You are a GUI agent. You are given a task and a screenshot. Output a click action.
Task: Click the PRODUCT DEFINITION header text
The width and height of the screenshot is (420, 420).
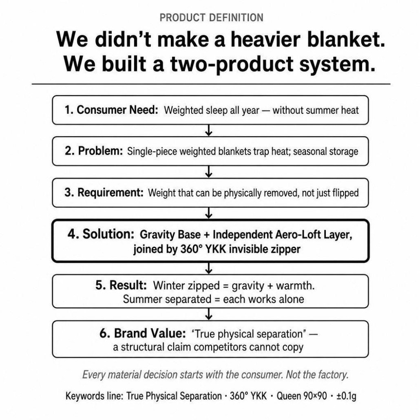pos(211,18)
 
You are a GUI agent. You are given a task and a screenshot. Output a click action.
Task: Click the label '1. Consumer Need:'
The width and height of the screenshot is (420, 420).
pos(111,110)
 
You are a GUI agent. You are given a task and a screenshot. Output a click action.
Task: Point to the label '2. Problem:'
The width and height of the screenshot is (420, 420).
pos(94,151)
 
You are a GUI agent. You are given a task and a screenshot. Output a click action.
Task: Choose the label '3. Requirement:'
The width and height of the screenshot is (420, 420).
pos(104,192)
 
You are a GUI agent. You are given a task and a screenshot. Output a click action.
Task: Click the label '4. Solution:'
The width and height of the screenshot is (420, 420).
pos(101,234)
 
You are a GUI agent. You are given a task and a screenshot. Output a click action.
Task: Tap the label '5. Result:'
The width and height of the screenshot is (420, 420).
pos(121,285)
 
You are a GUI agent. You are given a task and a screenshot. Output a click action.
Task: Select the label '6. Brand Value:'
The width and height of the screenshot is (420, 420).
pos(142,334)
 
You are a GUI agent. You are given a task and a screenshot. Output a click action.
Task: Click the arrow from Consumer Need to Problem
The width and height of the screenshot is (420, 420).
pos(209,130)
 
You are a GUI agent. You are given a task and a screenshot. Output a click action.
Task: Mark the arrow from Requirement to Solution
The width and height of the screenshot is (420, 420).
pos(209,213)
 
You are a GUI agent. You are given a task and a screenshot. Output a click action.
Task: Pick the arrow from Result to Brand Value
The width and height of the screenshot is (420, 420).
pos(209,314)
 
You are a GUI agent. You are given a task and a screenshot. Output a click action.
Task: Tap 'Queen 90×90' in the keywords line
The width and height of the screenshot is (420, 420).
pos(302,396)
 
